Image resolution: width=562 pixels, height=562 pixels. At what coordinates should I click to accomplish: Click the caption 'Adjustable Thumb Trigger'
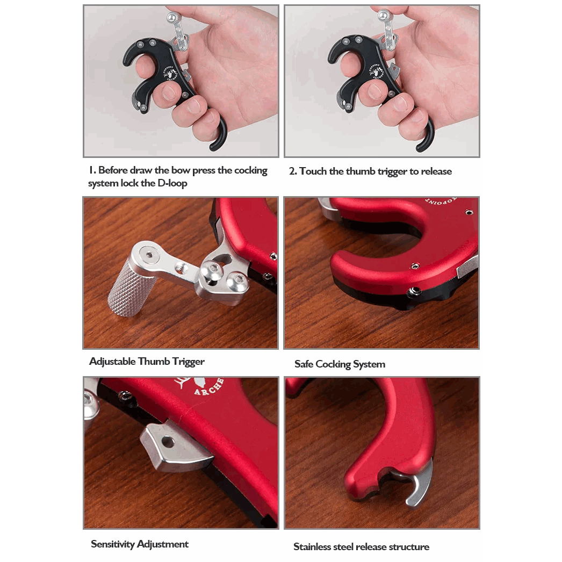(147, 362)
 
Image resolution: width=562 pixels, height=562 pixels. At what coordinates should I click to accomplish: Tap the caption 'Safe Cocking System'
(340, 364)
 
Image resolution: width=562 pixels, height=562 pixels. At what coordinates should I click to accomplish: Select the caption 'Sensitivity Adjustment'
(139, 544)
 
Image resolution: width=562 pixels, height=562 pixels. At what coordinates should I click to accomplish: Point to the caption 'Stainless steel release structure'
(361, 546)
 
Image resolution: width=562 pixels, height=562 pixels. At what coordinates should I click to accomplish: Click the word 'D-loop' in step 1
(172, 183)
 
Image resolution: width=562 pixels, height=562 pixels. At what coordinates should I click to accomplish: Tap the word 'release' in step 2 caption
(436, 171)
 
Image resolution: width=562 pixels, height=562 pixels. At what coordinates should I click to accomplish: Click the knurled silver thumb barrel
(133, 287)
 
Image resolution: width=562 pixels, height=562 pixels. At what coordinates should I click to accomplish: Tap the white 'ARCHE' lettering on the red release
(209, 386)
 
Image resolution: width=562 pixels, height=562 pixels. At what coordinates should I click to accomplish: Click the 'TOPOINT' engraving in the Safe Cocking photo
(442, 201)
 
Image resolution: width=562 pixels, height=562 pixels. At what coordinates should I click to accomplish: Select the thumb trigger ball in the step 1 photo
(172, 17)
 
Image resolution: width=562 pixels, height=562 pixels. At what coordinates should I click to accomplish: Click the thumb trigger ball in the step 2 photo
(384, 15)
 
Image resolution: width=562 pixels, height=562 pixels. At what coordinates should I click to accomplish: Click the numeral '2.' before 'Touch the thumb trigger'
(293, 171)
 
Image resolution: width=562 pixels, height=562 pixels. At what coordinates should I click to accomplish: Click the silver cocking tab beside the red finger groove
(467, 267)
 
